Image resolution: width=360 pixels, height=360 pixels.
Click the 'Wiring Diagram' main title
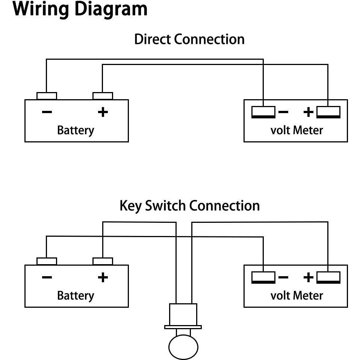point(80,9)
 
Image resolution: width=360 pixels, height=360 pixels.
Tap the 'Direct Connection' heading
point(189,39)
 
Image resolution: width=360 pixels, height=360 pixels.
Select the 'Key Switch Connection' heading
point(189,206)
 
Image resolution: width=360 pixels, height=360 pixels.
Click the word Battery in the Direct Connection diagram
point(75,130)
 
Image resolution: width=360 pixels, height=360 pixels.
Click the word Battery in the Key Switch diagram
point(75,295)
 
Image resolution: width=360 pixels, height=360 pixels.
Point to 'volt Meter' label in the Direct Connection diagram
point(296,130)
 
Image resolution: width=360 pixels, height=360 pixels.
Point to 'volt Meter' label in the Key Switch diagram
point(296,295)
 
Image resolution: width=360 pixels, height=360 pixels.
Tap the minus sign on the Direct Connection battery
point(47,112)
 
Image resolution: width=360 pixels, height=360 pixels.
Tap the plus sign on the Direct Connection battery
point(103,112)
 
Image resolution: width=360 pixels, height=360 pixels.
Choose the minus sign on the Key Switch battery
point(47,278)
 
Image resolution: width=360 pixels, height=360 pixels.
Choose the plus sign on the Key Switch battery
point(103,278)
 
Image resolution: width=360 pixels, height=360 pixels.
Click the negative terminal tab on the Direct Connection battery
point(47,96)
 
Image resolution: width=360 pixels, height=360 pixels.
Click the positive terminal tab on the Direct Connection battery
point(103,96)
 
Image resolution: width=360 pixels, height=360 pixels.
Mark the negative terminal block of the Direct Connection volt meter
point(263,112)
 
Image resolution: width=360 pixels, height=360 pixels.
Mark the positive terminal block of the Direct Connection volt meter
point(328,112)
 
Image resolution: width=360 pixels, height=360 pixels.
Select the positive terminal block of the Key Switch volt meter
point(328,277)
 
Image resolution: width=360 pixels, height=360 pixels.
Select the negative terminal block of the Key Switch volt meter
point(263,277)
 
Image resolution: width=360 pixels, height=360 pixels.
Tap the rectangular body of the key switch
point(183,315)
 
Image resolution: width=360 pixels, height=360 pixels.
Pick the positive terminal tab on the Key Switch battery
point(103,261)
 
